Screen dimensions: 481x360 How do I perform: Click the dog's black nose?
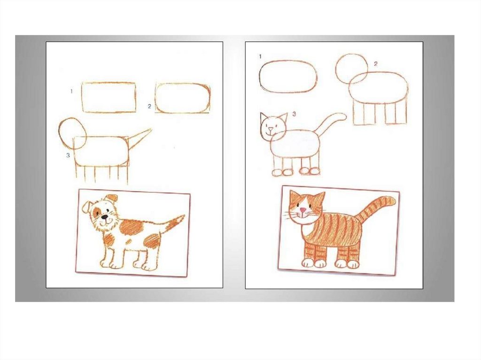[105, 217]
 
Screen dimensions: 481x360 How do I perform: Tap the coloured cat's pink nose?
[303, 210]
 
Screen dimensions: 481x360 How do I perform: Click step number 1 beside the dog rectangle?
[71, 91]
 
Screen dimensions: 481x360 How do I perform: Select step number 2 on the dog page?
[149, 106]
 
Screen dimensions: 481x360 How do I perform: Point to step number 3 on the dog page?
[68, 155]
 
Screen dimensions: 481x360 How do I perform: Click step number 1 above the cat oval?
[260, 56]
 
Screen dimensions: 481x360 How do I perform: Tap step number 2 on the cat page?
[375, 63]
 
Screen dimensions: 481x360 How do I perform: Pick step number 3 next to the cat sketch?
[294, 114]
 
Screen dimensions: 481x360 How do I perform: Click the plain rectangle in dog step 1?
[82, 98]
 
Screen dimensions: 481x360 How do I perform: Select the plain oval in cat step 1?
[260, 76]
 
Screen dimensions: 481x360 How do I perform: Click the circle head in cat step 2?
[336, 68]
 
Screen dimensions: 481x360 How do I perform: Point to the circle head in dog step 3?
[59, 133]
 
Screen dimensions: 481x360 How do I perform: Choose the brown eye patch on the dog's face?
[97, 211]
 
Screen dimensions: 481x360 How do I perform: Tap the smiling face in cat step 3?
[272, 126]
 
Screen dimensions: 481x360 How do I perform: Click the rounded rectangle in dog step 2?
[155, 98]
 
